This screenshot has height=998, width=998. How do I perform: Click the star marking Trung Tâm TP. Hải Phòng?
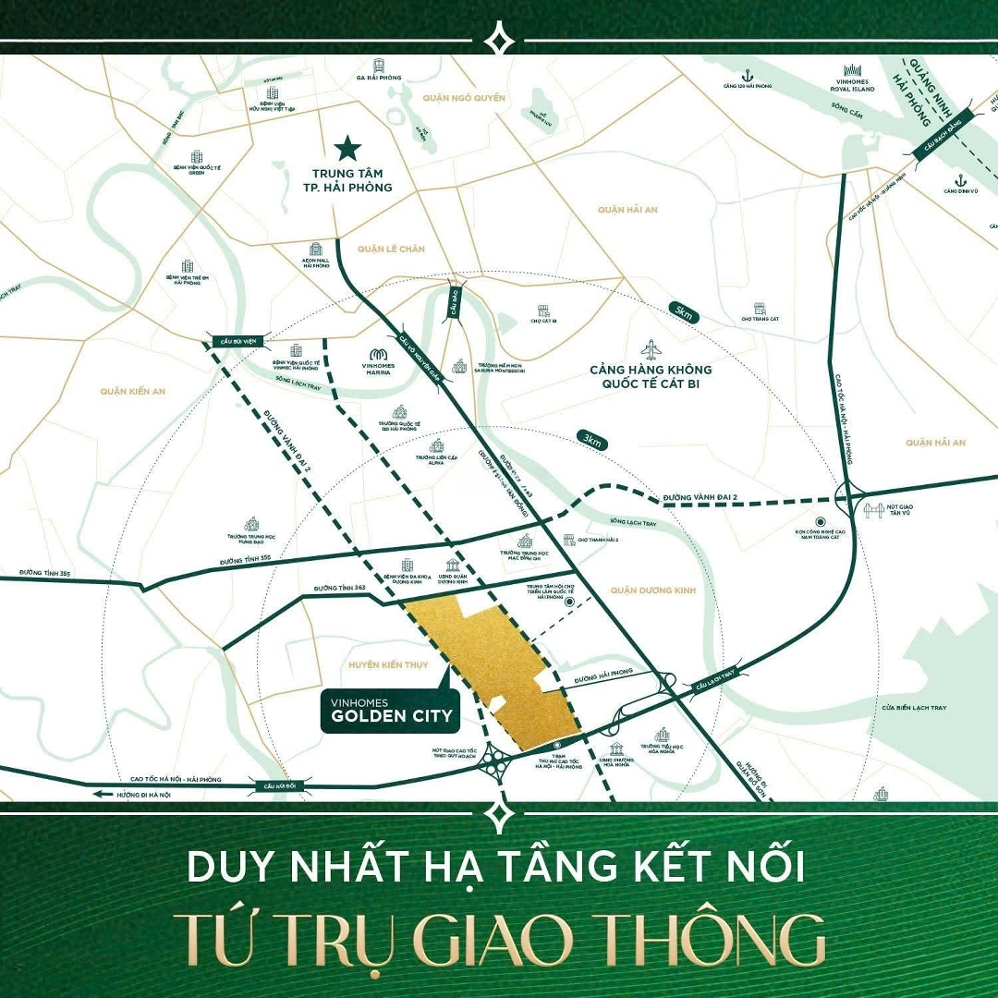pos(347,147)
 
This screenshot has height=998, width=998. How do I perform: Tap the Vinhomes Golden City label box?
pos(390,709)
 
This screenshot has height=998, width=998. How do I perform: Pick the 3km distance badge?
pos(592,442)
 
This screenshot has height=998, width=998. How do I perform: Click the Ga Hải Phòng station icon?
pos(378,67)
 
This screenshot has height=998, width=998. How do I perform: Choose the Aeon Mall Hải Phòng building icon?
pos(317,250)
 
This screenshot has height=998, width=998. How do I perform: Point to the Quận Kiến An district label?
pos(133,392)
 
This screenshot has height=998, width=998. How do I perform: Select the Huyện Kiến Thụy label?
pos(383,664)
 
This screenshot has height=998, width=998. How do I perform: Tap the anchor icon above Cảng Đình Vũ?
pos(961,180)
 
